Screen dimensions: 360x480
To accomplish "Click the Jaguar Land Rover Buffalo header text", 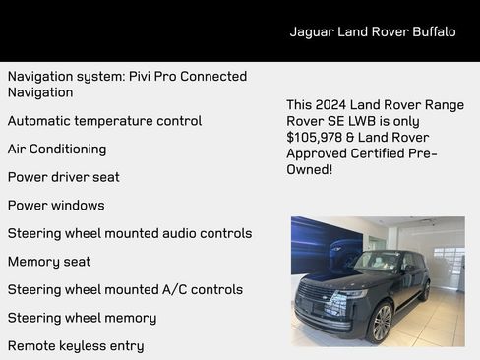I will [372, 31].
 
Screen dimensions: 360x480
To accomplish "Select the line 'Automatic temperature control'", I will [104, 121].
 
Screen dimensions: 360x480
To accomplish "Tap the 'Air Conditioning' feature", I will [57, 150].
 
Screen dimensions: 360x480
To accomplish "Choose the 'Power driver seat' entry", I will [64, 177].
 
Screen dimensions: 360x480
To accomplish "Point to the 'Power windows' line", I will [56, 206].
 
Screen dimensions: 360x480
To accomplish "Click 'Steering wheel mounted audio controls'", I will [130, 233].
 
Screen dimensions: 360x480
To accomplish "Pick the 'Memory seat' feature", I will [49, 262].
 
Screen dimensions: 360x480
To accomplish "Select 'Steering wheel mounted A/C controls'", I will [125, 290].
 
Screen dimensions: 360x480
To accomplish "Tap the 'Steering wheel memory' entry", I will [82, 318].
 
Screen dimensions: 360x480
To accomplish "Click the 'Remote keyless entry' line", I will [76, 346].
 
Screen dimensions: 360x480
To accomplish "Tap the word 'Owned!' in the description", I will [310, 170].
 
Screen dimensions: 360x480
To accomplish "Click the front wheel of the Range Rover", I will [381, 321].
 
